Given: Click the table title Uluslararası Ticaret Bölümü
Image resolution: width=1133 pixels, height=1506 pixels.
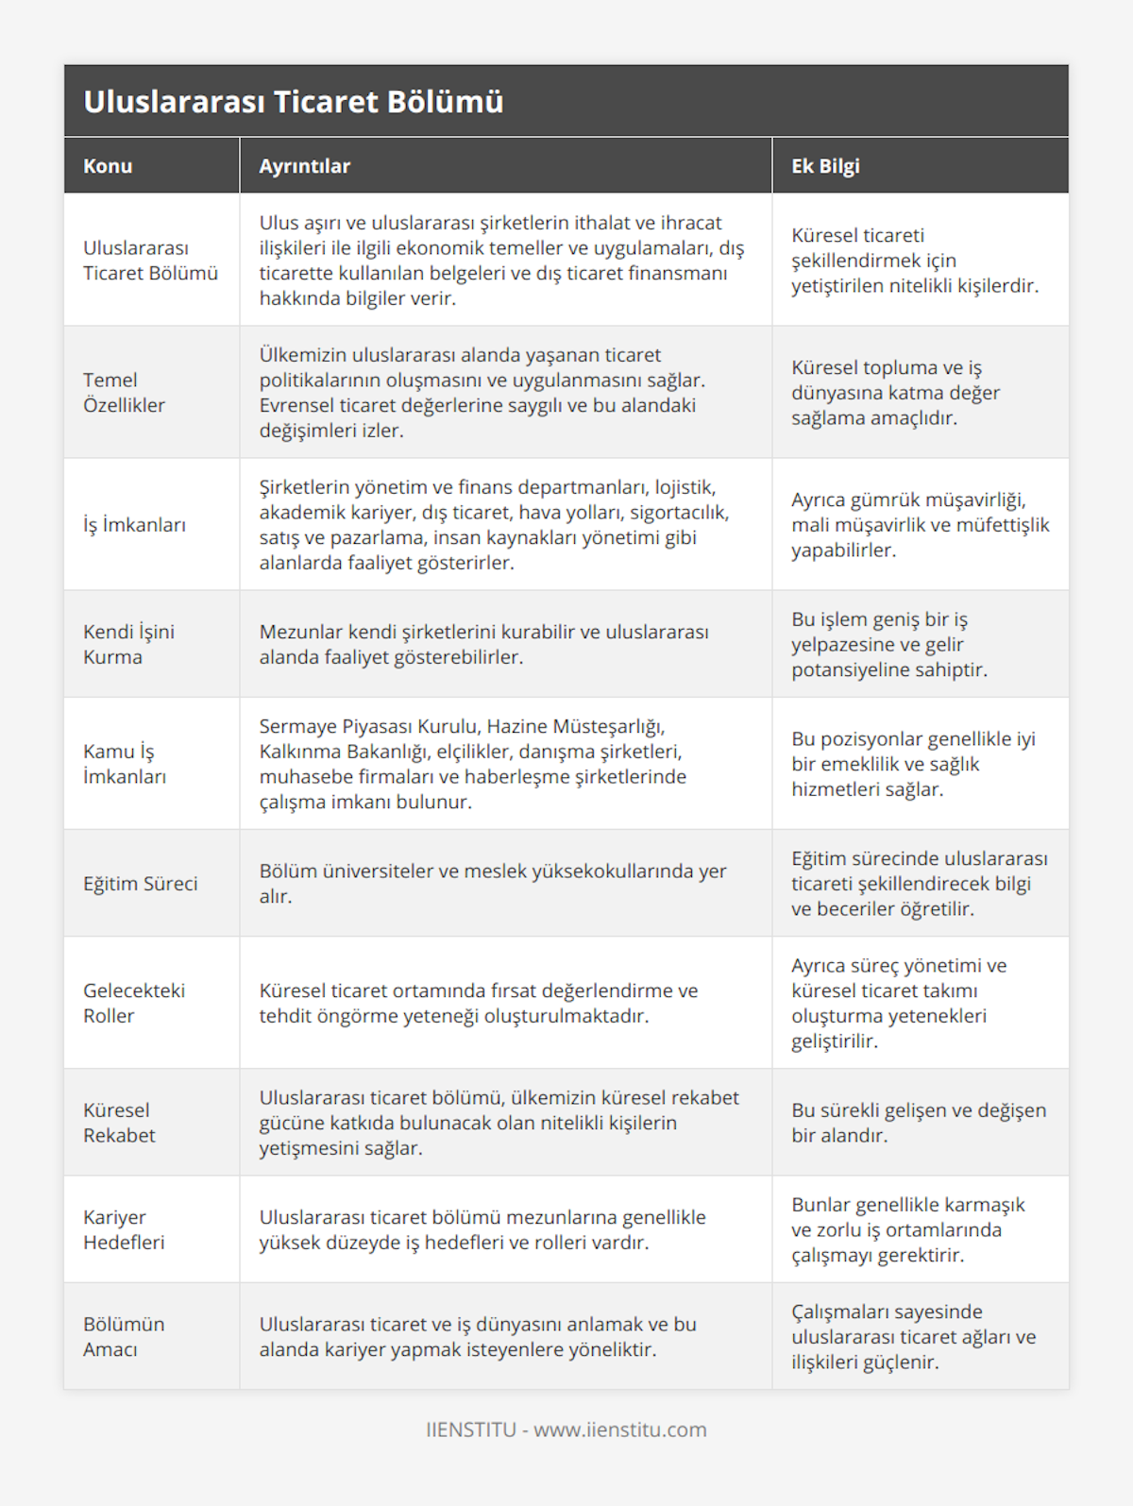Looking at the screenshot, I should [x=294, y=102].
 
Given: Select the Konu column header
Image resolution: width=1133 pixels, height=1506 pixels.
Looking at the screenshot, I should [x=108, y=166].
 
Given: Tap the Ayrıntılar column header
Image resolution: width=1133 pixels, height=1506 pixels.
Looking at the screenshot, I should [x=305, y=166].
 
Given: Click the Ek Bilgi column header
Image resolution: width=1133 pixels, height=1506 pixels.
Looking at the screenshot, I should [x=825, y=166].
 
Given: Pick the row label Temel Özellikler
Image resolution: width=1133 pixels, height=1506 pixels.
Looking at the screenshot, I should [x=124, y=393].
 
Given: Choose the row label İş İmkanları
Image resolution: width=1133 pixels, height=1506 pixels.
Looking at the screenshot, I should [x=134, y=525].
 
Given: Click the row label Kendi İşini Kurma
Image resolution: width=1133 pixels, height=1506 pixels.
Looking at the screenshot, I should [x=128, y=644].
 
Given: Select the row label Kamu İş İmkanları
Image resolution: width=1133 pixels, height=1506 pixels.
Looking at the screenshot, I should [x=125, y=764].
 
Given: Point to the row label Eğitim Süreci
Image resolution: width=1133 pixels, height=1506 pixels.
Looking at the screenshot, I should [x=141, y=884].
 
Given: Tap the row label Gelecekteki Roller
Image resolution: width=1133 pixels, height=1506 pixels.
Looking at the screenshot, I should [x=134, y=1003].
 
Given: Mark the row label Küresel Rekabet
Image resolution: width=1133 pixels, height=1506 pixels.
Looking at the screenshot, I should [x=119, y=1123].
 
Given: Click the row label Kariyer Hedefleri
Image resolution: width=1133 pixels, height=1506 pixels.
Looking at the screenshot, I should [x=124, y=1229].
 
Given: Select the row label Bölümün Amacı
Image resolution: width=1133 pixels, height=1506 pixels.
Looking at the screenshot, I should [x=124, y=1336].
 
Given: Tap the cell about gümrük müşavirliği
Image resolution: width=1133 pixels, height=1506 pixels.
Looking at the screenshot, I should [x=920, y=525].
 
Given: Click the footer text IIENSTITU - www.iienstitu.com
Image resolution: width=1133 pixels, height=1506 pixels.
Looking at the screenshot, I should [x=566, y=1430].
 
